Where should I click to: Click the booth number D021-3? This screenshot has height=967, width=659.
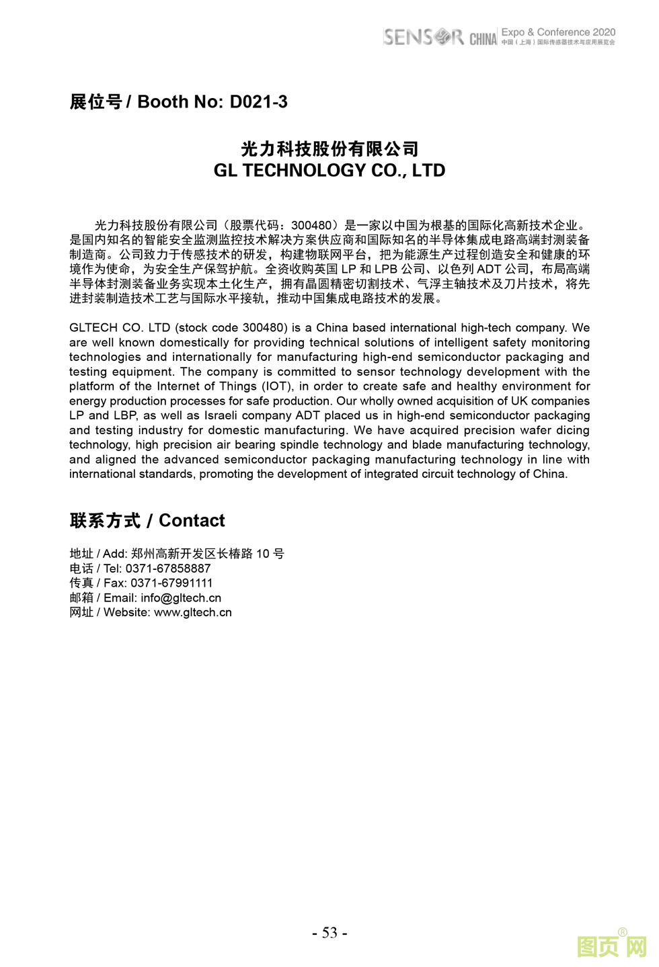(x=258, y=101)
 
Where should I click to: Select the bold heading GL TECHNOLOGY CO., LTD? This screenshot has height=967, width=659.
(x=329, y=171)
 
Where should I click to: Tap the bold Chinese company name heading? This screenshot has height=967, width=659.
(x=329, y=149)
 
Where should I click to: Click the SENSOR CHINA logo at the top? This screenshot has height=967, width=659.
(x=439, y=37)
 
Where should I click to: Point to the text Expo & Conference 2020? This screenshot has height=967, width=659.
(x=558, y=32)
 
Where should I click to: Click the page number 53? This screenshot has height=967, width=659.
(x=329, y=932)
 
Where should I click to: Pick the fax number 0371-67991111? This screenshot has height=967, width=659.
(x=171, y=583)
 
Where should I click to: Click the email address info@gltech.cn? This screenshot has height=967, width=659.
(x=181, y=598)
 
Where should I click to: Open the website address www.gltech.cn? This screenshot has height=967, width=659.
(x=193, y=612)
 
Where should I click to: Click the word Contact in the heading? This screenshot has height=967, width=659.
(x=192, y=521)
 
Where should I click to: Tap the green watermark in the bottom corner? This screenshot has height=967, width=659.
(x=612, y=947)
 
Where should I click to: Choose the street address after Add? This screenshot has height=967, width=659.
(x=208, y=554)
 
